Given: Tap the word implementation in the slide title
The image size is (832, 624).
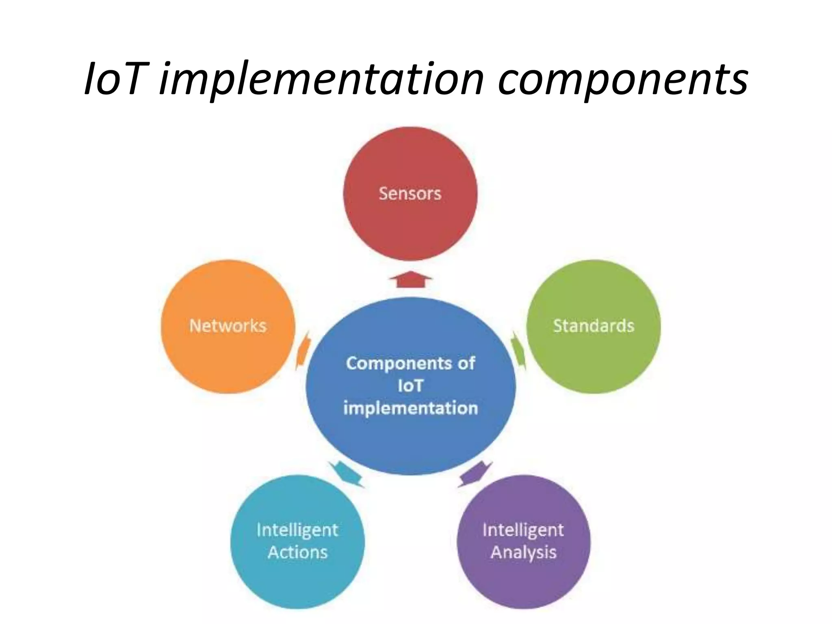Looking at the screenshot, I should [321, 80].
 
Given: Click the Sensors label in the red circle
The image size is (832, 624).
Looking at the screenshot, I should [410, 193].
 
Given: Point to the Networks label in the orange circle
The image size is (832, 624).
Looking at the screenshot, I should [227, 326].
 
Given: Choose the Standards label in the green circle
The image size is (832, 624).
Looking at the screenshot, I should [594, 326].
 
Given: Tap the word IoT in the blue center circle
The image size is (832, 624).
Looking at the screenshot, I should [410, 386].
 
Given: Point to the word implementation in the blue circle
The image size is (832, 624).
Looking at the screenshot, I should [410, 408].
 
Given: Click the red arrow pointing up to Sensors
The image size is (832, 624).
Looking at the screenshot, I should [410, 279].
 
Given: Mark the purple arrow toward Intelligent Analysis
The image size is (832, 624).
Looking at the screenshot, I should [474, 474].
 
